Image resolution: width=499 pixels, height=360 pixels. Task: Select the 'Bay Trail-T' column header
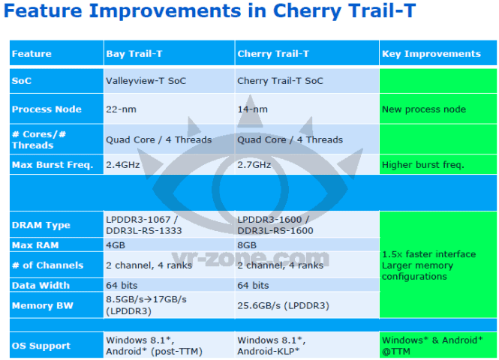[x=136, y=54]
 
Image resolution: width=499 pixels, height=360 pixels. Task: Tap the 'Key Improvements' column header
[x=431, y=54]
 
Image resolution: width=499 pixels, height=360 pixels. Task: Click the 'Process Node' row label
[x=47, y=109]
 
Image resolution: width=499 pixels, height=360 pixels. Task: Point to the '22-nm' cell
[x=121, y=109]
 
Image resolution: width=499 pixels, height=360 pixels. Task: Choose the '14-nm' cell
[x=252, y=109]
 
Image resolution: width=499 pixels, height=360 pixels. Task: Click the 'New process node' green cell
[x=424, y=109]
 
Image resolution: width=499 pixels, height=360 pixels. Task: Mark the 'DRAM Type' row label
[x=41, y=225]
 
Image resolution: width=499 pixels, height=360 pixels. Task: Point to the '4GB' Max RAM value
[x=117, y=245]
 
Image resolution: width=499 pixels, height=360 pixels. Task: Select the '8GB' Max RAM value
[x=248, y=245]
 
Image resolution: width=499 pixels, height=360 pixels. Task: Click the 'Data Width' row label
[x=41, y=285]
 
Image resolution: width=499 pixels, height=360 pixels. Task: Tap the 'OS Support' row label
[x=41, y=346]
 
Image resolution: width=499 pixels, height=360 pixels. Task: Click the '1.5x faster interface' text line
[x=428, y=254]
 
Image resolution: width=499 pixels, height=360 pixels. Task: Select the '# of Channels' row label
[x=47, y=265]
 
